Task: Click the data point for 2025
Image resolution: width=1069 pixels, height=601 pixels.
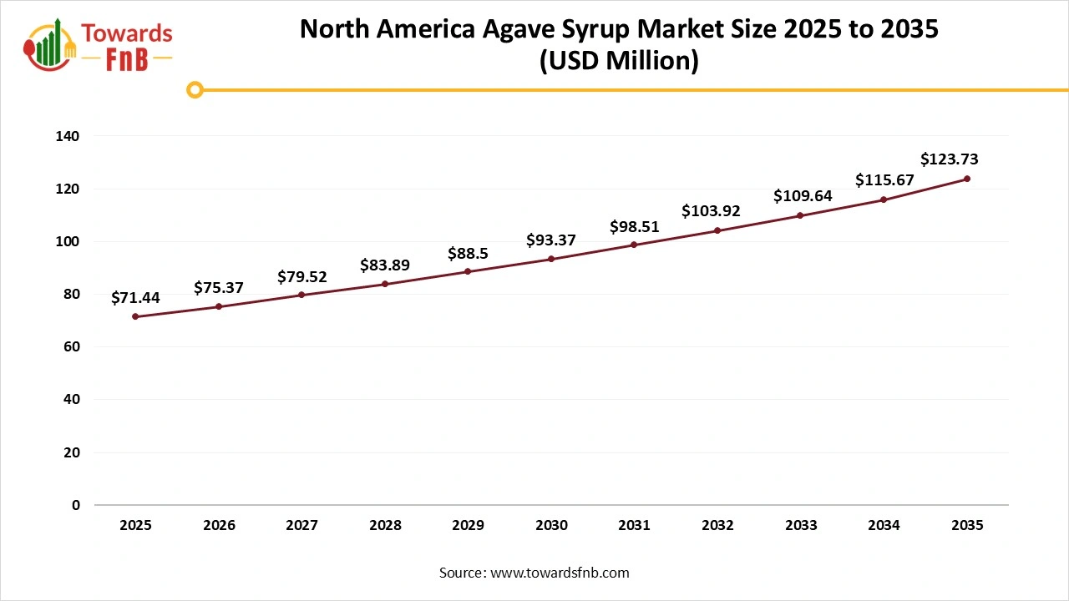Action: pos(135,316)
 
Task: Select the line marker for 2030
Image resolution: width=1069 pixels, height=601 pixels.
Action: pos(551,259)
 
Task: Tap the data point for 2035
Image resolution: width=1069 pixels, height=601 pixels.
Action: pos(966,179)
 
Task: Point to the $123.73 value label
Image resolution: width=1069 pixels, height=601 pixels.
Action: pos(949,159)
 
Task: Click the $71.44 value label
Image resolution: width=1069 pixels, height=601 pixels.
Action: pos(135,297)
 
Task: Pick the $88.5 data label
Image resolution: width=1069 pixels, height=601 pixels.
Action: pos(468,253)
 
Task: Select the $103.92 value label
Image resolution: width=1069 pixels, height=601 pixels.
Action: pos(711,211)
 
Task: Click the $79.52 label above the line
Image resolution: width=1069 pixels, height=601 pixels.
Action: pos(302,276)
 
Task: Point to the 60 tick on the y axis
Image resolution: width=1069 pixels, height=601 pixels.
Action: pos(72,346)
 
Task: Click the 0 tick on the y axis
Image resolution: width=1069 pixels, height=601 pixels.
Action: pos(76,505)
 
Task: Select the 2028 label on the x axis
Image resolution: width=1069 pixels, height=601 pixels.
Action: pos(385,526)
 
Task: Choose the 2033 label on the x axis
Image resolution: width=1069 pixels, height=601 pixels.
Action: pos(801,526)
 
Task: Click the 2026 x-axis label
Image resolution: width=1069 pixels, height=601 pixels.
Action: pos(219,526)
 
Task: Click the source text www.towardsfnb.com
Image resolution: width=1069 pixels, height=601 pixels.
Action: pos(560,573)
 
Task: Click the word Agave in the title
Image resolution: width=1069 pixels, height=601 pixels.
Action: pos(517,29)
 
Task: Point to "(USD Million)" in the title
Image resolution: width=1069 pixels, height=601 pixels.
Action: pos(619,62)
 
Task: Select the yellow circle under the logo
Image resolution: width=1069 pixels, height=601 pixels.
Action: pos(195,89)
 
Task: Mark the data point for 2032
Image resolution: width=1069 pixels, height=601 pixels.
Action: pos(717,230)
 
